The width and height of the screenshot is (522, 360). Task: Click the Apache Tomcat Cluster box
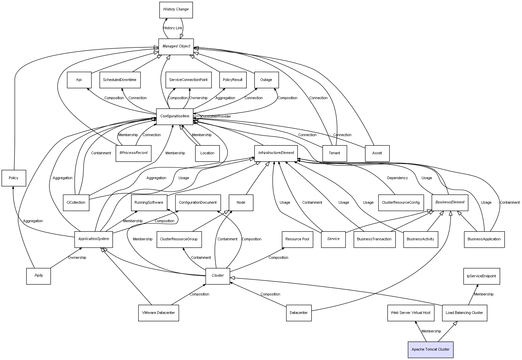point(430,350)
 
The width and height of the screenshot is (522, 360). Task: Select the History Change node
point(176,10)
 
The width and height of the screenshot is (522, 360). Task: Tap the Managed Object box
point(176,46)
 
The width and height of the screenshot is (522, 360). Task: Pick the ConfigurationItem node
point(174,116)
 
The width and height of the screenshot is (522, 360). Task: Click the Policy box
point(13,178)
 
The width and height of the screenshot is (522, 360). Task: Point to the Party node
point(39,276)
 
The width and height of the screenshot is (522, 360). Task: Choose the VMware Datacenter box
point(158,313)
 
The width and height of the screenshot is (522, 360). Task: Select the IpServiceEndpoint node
point(481,276)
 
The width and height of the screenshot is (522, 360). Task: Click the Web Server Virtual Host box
point(410,313)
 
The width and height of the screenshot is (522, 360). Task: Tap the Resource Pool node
point(297,239)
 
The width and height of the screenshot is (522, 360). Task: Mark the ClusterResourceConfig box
point(401,203)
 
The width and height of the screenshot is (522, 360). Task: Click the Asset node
point(377,153)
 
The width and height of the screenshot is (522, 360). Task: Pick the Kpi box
point(79,80)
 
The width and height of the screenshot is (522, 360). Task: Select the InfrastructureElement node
point(276,153)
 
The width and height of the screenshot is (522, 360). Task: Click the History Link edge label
point(173,28)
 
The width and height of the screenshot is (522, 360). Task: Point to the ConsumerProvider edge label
point(216,117)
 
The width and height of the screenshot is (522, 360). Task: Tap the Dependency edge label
point(397,178)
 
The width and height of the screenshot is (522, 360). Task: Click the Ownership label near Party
point(77,258)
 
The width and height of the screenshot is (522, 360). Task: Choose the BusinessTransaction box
point(374,239)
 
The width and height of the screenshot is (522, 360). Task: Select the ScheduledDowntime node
point(120,80)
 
